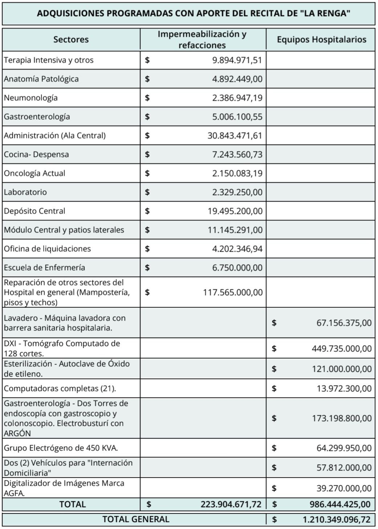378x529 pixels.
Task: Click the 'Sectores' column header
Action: click(71, 40)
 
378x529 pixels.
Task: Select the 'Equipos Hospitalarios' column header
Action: click(321, 40)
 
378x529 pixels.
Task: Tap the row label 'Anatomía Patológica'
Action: click(41, 79)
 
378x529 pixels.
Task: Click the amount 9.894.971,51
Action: click(237, 60)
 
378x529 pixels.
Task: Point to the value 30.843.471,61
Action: click(235, 136)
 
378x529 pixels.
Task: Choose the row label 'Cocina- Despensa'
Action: click(36, 155)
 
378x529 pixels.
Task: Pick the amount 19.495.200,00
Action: click(235, 211)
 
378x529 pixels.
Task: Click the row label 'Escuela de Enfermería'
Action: click(44, 268)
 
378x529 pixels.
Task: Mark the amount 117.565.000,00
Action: click(233, 292)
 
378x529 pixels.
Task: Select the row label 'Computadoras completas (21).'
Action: click(60, 389)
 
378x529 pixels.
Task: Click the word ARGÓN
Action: click(17, 433)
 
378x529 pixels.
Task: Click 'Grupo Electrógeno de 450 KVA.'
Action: click(61, 448)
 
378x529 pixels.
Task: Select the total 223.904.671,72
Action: click(231, 504)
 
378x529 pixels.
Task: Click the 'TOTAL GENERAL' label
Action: click(136, 519)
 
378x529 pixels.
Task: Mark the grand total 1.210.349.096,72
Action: click(337, 520)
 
